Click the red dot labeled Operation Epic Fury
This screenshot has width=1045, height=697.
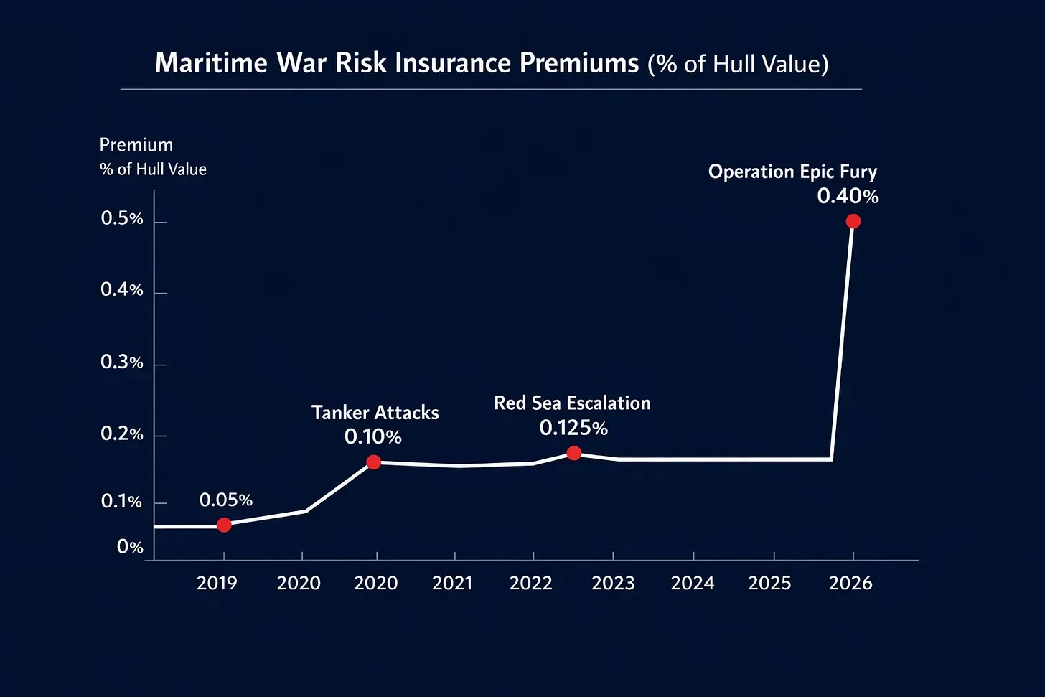point(853,221)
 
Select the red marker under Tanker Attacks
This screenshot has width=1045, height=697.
point(374,462)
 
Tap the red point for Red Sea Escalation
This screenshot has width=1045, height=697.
point(573,453)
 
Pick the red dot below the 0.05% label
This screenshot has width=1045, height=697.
point(224,525)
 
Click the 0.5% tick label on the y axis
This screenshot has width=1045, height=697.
point(122,219)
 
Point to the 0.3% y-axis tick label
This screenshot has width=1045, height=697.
point(122,362)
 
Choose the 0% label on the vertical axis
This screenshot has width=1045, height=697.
point(130,547)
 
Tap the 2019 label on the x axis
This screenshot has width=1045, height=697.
point(217,583)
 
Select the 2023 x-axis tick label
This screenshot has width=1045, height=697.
point(613,583)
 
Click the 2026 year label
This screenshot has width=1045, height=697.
point(850,583)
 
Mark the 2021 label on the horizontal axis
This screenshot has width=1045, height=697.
point(452,583)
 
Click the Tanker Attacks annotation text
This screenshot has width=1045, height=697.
point(375,413)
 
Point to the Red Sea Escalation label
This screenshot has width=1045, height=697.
point(572,403)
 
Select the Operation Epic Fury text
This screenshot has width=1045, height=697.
point(792,172)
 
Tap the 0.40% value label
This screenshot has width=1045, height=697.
point(848,196)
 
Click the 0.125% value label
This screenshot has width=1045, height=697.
point(573,429)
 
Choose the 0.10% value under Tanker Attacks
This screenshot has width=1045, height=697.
point(373,436)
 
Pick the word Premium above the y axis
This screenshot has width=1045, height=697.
point(136,145)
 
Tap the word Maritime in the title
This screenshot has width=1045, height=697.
point(211,63)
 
